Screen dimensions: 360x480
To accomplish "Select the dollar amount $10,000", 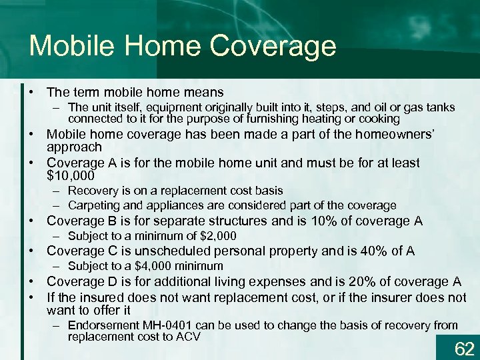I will [71, 175].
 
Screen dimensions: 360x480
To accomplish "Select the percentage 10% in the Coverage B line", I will [321, 221].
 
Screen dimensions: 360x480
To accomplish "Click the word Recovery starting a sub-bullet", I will [90, 191].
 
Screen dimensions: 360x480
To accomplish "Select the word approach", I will [74, 147].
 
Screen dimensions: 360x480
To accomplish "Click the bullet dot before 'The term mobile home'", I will [33, 92].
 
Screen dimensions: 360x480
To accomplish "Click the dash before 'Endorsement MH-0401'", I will [59, 325].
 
